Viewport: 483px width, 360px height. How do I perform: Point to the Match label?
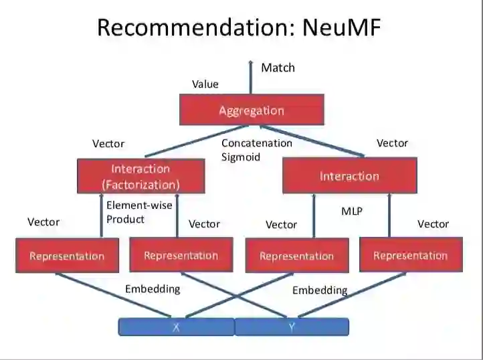click(x=278, y=68)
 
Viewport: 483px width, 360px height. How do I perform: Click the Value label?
click(x=205, y=84)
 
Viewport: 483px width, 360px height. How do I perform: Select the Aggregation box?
click(x=252, y=110)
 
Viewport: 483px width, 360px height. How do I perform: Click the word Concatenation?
click(x=257, y=143)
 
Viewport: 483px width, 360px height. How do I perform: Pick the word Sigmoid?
click(x=240, y=157)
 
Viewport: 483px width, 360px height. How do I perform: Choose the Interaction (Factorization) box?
click(x=140, y=176)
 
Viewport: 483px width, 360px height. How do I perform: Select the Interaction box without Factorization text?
click(x=349, y=176)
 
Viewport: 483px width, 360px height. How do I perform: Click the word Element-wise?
click(x=139, y=206)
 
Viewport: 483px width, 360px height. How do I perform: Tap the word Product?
click(x=125, y=219)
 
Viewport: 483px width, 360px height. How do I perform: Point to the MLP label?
click(x=352, y=211)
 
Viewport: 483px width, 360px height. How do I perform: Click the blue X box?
click(x=176, y=327)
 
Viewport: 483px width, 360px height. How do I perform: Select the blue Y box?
click(x=292, y=327)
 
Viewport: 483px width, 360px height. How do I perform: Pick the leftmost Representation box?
click(x=67, y=256)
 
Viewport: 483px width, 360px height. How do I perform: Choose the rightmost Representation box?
click(x=410, y=255)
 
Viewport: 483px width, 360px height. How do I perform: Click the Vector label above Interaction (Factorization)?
click(x=108, y=144)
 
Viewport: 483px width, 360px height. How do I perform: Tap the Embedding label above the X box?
click(x=153, y=289)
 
